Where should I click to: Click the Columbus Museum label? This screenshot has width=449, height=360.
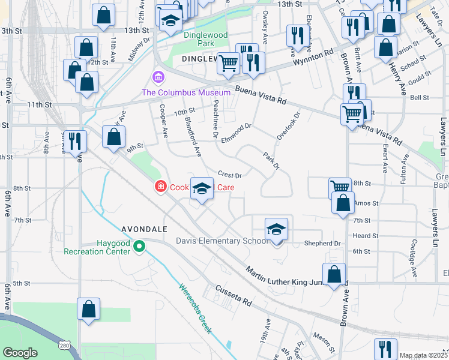pyautogui.click(x=186, y=92)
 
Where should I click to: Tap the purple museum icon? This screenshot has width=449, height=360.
pyautogui.click(x=158, y=78)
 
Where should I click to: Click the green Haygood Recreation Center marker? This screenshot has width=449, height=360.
pyautogui.click(x=139, y=247)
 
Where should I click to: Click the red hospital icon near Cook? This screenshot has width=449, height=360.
pyautogui.click(x=160, y=187)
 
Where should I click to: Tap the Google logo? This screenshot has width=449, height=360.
pyautogui.click(x=19, y=352)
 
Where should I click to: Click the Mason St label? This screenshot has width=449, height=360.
pyautogui.click(x=324, y=343)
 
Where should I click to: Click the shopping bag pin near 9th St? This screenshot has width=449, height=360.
pyautogui.click(x=113, y=137)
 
